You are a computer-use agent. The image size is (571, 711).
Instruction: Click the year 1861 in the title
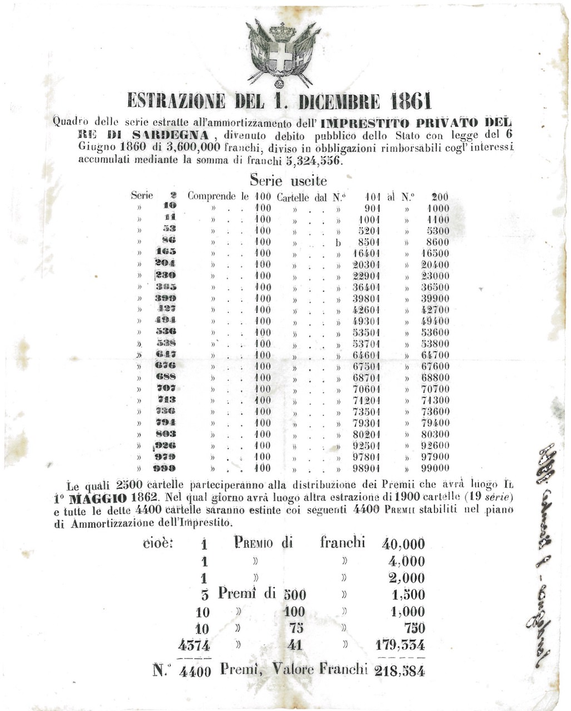point(411,101)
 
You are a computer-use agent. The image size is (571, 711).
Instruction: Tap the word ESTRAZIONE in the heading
point(176,101)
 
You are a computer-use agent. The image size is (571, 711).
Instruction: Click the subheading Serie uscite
point(288,181)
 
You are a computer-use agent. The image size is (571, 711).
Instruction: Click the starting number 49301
point(366,321)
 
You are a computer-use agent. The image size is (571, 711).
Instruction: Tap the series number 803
point(166,434)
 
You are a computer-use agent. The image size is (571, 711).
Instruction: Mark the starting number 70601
point(366,389)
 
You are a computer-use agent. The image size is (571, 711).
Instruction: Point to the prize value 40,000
point(403,544)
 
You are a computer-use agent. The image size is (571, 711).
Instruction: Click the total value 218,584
point(400,670)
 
